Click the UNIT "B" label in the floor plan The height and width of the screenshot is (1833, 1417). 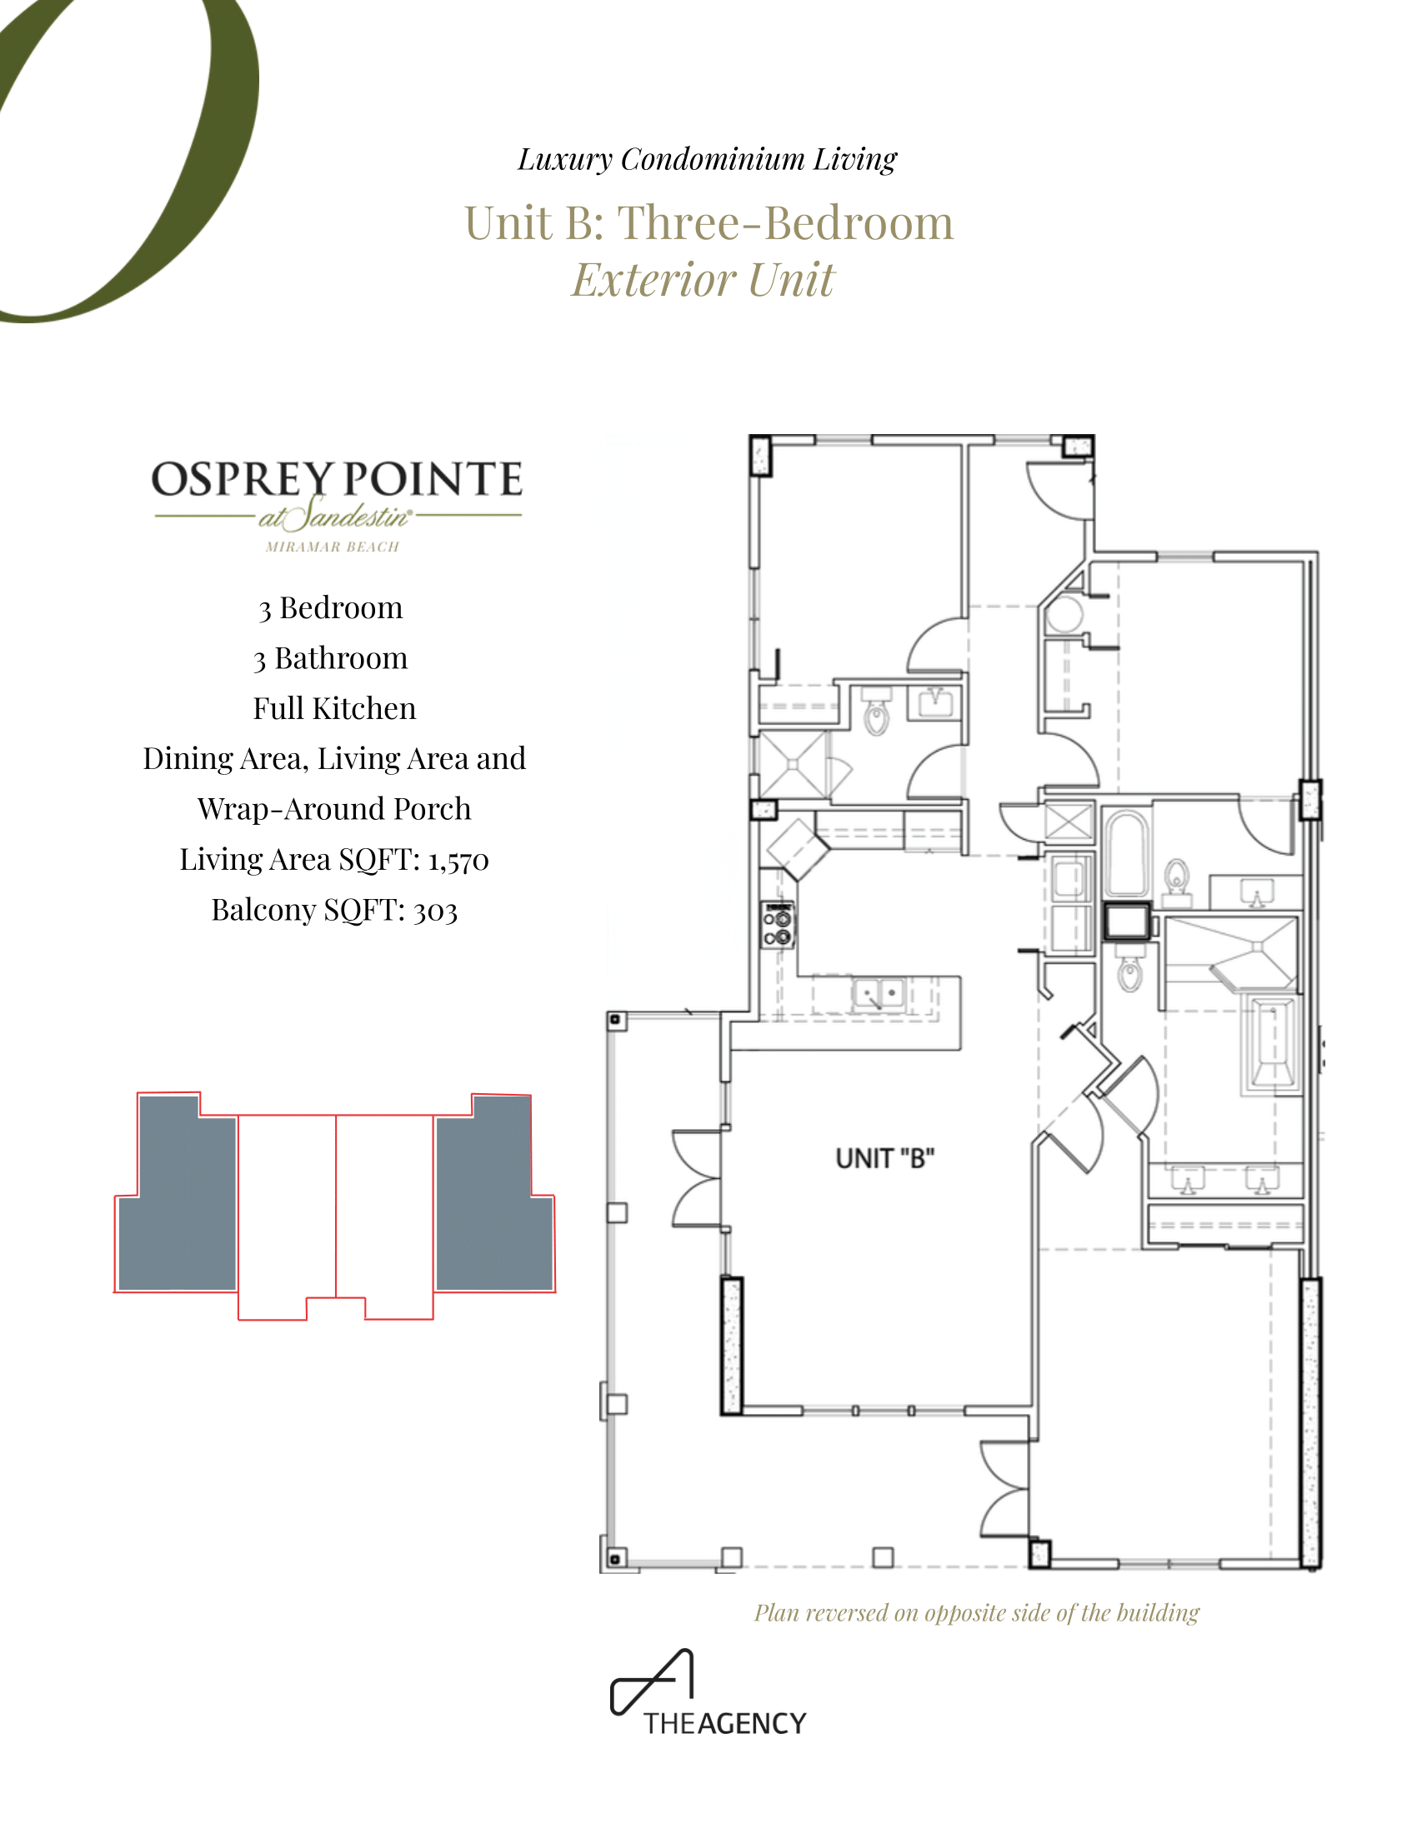(x=884, y=1158)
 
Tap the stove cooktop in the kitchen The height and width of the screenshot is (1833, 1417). (x=779, y=926)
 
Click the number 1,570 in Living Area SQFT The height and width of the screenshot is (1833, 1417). (x=458, y=861)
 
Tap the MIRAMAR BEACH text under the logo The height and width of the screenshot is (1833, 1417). (x=333, y=547)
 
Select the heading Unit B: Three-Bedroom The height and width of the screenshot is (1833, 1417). (x=709, y=223)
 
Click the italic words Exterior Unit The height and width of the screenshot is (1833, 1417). (x=703, y=279)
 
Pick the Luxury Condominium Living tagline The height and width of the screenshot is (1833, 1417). (x=707, y=159)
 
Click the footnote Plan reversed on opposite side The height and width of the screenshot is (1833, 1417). (x=976, y=1613)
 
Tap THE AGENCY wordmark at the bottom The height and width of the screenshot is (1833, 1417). (x=724, y=1724)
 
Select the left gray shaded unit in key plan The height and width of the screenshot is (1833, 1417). (x=177, y=1192)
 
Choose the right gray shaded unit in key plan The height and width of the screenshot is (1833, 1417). (x=494, y=1192)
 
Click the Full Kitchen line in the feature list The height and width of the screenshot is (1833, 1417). (x=334, y=708)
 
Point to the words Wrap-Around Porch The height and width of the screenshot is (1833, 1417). (x=334, y=809)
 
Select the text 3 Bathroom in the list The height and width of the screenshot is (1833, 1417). (x=331, y=659)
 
